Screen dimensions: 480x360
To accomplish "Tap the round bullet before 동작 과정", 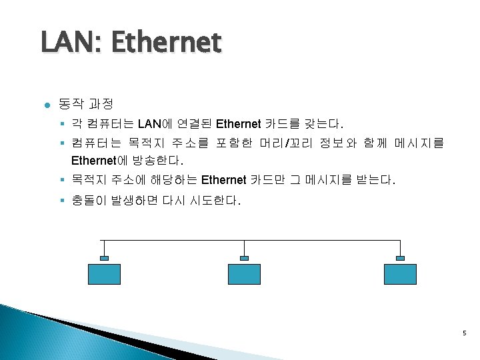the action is (45, 105).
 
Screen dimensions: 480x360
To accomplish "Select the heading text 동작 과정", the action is (85, 104).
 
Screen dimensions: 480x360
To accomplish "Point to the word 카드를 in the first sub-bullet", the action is (282, 123).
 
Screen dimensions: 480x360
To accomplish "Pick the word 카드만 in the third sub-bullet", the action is (267, 180).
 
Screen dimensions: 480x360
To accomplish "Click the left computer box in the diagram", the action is (104, 275).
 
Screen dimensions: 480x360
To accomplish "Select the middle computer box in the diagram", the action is (244, 275).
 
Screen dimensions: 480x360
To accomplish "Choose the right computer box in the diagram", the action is (400, 275).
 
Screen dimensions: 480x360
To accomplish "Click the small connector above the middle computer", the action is (244, 258).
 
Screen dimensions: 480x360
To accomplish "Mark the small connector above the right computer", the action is (400, 258).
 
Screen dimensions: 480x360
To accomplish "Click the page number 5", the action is (463, 333).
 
